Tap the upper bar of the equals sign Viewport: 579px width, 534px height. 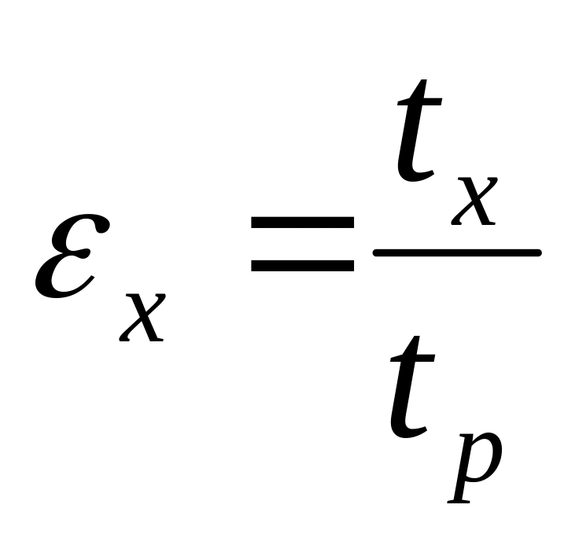coord(302,224)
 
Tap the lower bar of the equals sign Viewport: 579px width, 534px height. coord(302,265)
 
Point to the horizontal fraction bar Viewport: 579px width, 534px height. coord(456,252)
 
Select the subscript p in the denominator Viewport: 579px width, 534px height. coord(475,464)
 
